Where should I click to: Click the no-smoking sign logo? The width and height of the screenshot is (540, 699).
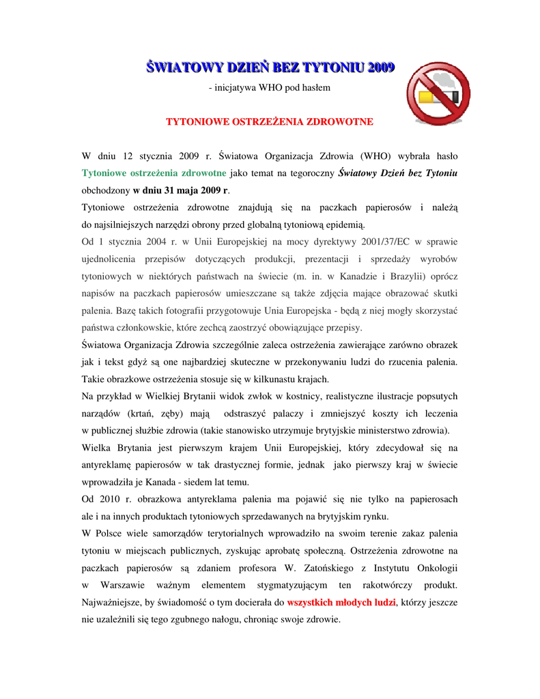438,93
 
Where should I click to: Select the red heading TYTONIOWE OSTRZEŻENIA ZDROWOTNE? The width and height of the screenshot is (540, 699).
270,122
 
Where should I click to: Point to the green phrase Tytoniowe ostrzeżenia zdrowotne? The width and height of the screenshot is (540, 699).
154,173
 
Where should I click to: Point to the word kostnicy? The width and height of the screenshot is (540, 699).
293,397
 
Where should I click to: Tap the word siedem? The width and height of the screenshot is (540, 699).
187,482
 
